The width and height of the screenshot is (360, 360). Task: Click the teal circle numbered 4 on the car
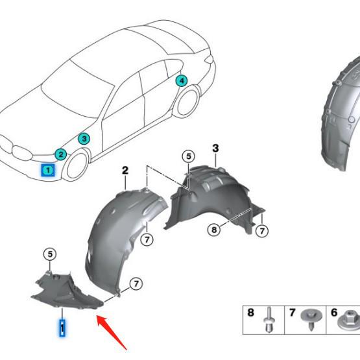[182, 80]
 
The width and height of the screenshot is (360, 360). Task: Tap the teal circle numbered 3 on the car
[84, 139]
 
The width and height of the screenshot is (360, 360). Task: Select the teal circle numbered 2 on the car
[61, 154]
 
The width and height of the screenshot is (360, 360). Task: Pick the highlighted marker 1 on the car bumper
[48, 171]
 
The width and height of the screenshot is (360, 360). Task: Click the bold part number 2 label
[125, 171]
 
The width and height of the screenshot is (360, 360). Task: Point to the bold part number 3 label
[215, 149]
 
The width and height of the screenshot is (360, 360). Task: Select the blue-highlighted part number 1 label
[62, 328]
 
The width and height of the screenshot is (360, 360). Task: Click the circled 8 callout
[214, 230]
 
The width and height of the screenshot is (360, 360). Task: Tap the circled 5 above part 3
[189, 156]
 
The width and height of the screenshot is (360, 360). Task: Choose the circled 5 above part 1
[50, 254]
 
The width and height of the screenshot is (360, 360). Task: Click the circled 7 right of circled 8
[262, 231]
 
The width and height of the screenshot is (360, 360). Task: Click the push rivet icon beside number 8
[269, 319]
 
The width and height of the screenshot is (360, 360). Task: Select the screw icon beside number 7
[311, 318]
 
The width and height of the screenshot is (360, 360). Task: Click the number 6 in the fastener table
[334, 312]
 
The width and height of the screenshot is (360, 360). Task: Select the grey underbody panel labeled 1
[67, 292]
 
